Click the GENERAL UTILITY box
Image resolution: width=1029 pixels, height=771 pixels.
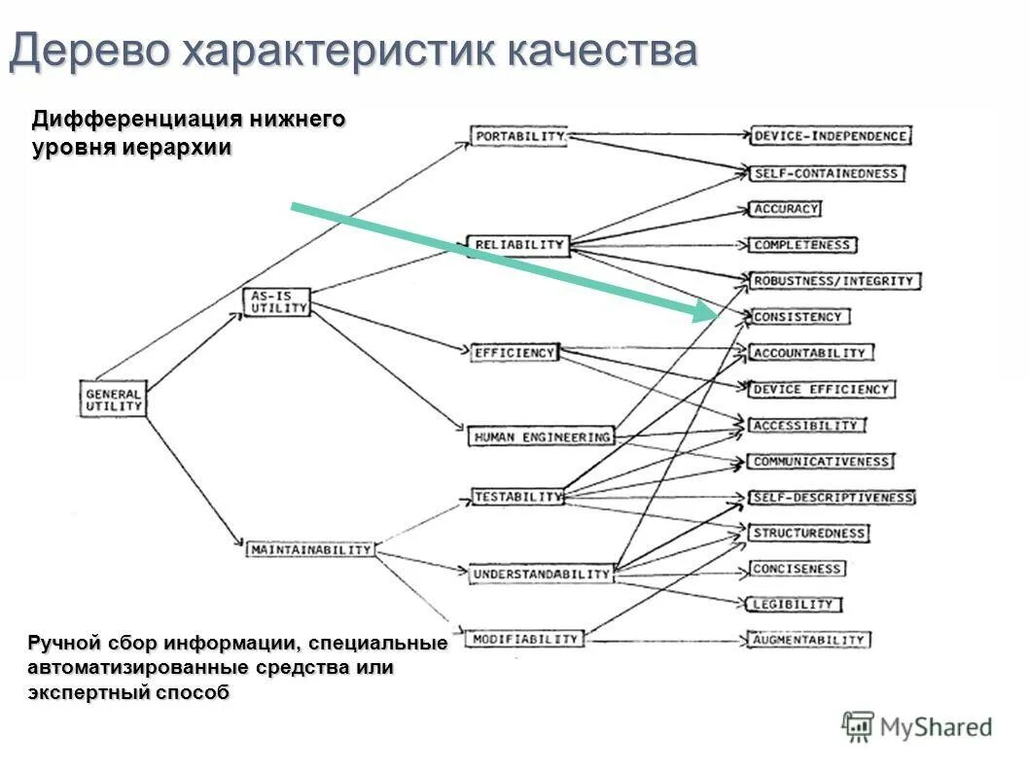(113, 399)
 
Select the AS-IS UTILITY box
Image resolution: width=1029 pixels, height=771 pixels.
(276, 301)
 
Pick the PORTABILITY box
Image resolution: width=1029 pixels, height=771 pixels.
(519, 137)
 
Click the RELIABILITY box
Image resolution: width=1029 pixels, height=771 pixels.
(517, 244)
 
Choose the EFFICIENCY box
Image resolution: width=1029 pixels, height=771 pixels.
(514, 353)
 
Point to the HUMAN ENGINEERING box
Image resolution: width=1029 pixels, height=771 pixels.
(541, 437)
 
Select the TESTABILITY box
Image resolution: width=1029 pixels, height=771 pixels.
(517, 497)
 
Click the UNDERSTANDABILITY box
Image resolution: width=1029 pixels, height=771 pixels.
(541, 574)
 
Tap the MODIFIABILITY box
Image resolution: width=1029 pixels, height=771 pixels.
(525, 639)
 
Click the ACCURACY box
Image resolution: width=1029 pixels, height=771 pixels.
(786, 208)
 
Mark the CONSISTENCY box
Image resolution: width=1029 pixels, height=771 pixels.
(798, 317)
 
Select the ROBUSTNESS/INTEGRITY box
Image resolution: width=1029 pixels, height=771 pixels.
(834, 281)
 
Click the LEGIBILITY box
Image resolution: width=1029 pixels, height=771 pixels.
(794, 604)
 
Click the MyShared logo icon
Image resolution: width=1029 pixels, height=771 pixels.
(858, 726)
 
